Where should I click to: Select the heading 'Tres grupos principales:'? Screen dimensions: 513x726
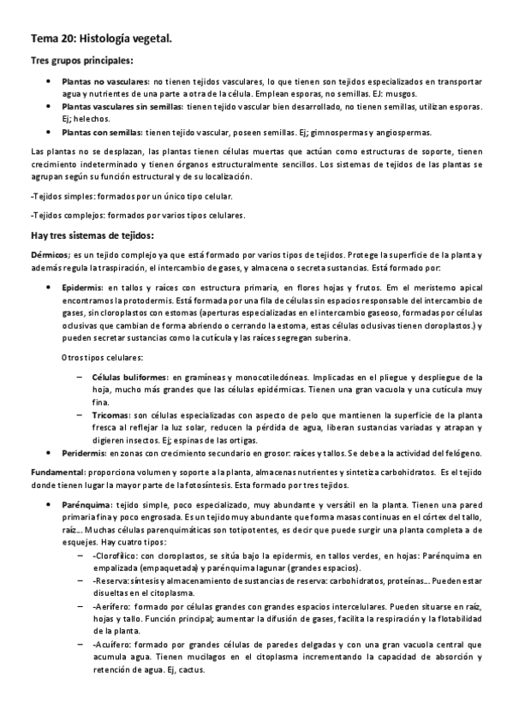[x=81, y=61]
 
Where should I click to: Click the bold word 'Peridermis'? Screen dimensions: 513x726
[x=86, y=452]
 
